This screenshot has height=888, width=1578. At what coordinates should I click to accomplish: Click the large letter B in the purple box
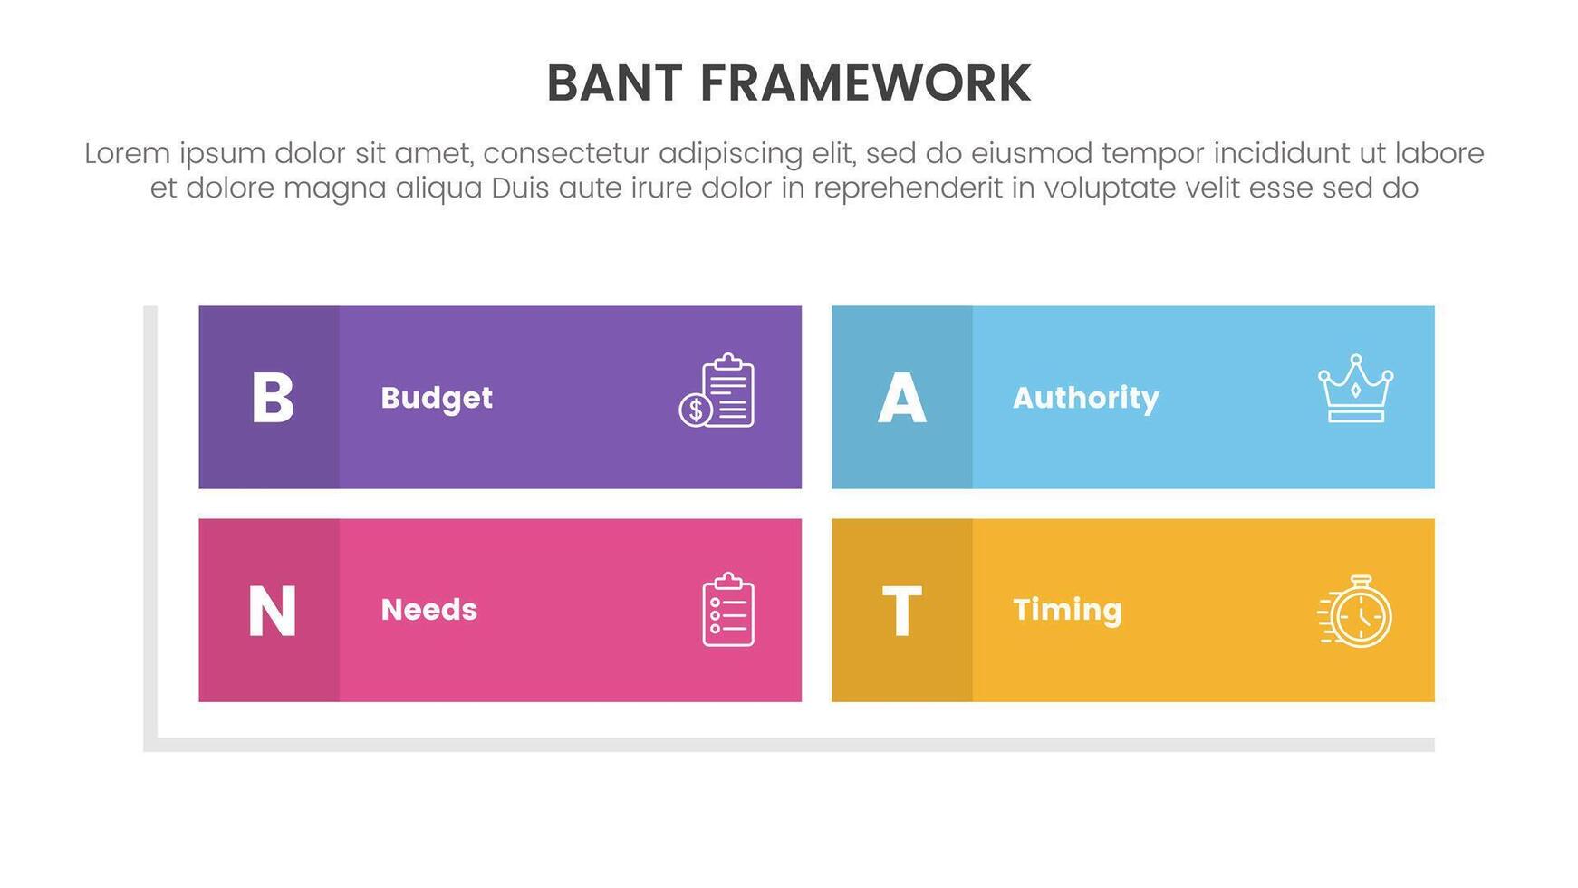coord(273,398)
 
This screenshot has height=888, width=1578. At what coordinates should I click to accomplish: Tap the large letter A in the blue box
coord(902,398)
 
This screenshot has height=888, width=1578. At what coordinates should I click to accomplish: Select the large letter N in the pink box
coord(272,612)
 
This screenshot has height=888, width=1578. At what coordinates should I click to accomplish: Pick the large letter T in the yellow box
coord(901,612)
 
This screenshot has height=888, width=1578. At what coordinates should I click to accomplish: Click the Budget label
coord(437,398)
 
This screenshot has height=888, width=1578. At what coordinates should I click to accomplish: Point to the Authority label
coord(1086,398)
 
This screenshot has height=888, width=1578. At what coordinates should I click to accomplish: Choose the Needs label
coord(429,610)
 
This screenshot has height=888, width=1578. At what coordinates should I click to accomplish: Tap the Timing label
coord(1068,610)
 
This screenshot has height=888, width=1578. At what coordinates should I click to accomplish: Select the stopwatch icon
coord(1355,612)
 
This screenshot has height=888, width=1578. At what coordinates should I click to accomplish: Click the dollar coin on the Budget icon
coord(696,410)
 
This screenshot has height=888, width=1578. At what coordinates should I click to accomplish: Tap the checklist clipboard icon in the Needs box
coord(728,610)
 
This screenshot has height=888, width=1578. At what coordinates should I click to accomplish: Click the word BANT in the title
coord(614,83)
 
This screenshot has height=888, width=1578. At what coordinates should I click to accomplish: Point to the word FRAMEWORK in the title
coord(865,83)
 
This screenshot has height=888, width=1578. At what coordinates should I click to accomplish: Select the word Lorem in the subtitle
coord(128,153)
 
